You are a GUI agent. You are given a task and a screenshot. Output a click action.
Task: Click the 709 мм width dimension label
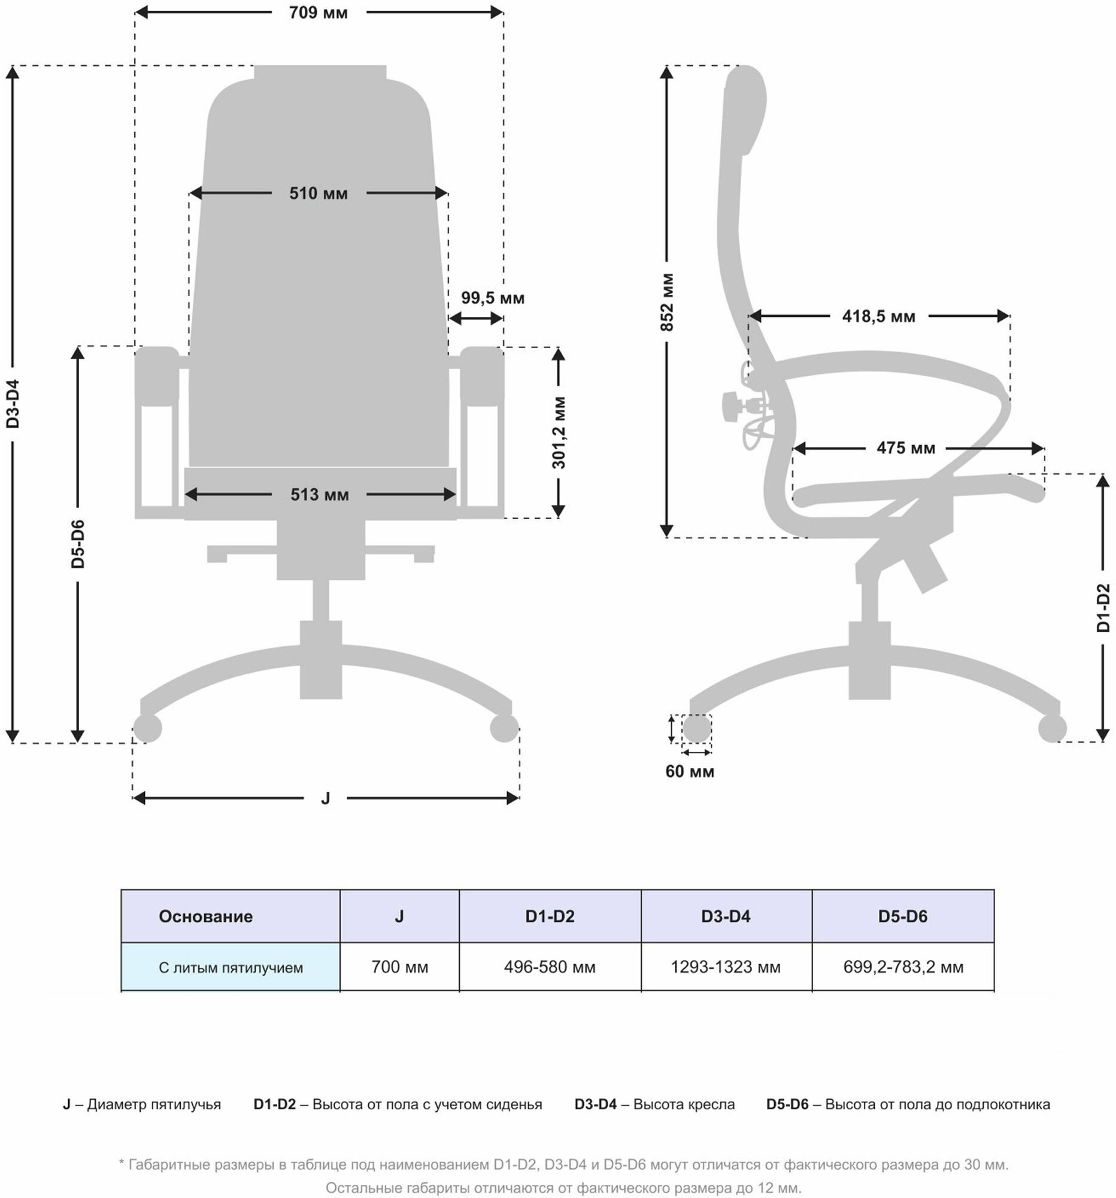318,13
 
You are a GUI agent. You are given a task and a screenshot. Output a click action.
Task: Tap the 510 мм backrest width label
318,193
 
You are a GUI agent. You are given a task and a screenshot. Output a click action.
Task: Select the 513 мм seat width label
319,495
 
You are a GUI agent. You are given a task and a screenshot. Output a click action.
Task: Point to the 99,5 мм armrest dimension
492,298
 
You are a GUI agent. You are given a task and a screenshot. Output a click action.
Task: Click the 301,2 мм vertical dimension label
559,432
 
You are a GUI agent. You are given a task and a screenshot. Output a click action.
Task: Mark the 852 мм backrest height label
667,302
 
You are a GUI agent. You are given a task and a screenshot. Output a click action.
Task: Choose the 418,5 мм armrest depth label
878,316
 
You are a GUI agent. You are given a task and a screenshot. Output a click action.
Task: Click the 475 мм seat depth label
905,448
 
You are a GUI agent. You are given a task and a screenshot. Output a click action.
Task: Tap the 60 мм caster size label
690,772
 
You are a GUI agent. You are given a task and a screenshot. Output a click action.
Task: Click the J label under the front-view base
325,798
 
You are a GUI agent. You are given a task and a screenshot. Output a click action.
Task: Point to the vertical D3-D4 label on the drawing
13,404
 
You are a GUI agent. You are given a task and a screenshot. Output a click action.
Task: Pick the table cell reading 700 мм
399,967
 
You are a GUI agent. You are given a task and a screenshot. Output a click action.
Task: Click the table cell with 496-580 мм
549,967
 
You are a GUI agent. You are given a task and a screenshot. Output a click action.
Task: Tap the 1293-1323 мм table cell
725,967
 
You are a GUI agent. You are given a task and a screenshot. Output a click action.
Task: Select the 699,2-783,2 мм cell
903,967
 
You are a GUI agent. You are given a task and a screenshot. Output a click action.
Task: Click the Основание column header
205,916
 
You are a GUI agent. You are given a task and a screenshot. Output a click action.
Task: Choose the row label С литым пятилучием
231,968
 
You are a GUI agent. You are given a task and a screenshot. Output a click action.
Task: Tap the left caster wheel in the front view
147,728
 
